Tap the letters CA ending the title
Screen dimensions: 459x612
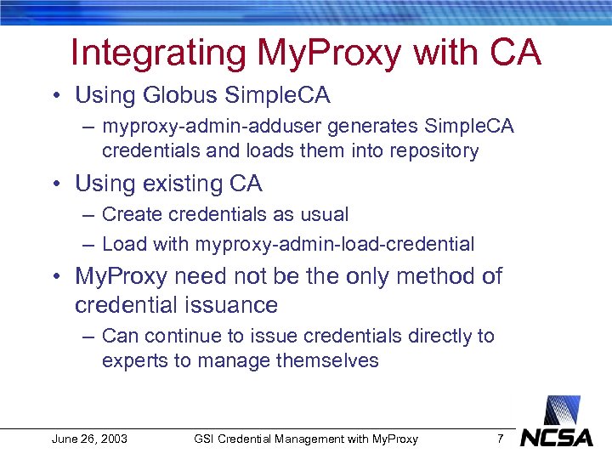pos(515,53)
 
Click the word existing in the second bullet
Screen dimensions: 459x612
pos(168,184)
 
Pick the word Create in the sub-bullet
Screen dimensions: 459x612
pos(128,215)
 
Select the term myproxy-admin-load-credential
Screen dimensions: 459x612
pos(335,245)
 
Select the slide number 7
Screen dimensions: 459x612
pos(501,439)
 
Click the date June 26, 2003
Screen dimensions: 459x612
pos(89,439)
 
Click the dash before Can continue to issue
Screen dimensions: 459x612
pos(88,337)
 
